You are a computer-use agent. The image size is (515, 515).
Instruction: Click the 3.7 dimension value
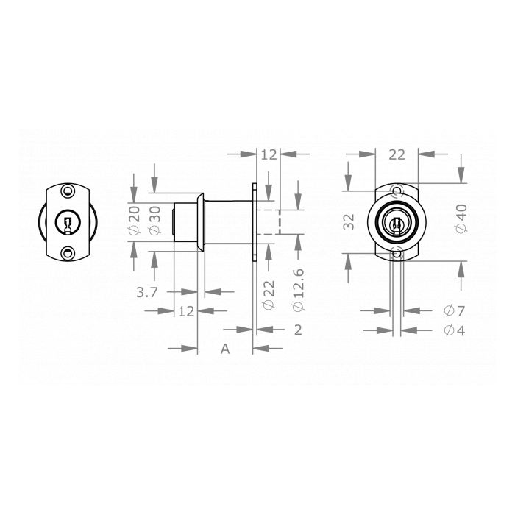tap(147, 292)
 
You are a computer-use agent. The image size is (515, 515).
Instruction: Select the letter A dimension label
tap(226, 349)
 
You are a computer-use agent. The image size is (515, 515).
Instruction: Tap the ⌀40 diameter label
tap(461, 219)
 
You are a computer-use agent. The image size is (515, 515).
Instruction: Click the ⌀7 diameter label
tap(454, 311)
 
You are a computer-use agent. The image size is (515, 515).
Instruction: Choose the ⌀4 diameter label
tap(454, 330)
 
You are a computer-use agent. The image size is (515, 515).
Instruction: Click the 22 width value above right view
tap(397, 154)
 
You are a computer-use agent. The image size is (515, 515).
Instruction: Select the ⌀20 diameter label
tap(133, 220)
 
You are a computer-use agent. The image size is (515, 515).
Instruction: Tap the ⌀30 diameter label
tap(154, 220)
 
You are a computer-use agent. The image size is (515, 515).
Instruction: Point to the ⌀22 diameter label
tap(269, 294)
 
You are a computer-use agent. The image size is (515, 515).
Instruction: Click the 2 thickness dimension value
tap(297, 330)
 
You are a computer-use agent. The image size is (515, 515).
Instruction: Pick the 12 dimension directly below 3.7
tap(185, 311)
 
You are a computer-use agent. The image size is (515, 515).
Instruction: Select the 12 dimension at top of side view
tap(269, 154)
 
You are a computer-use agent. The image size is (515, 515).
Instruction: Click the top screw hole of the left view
tap(68, 191)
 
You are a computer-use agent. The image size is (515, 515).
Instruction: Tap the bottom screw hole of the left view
tap(68, 253)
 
